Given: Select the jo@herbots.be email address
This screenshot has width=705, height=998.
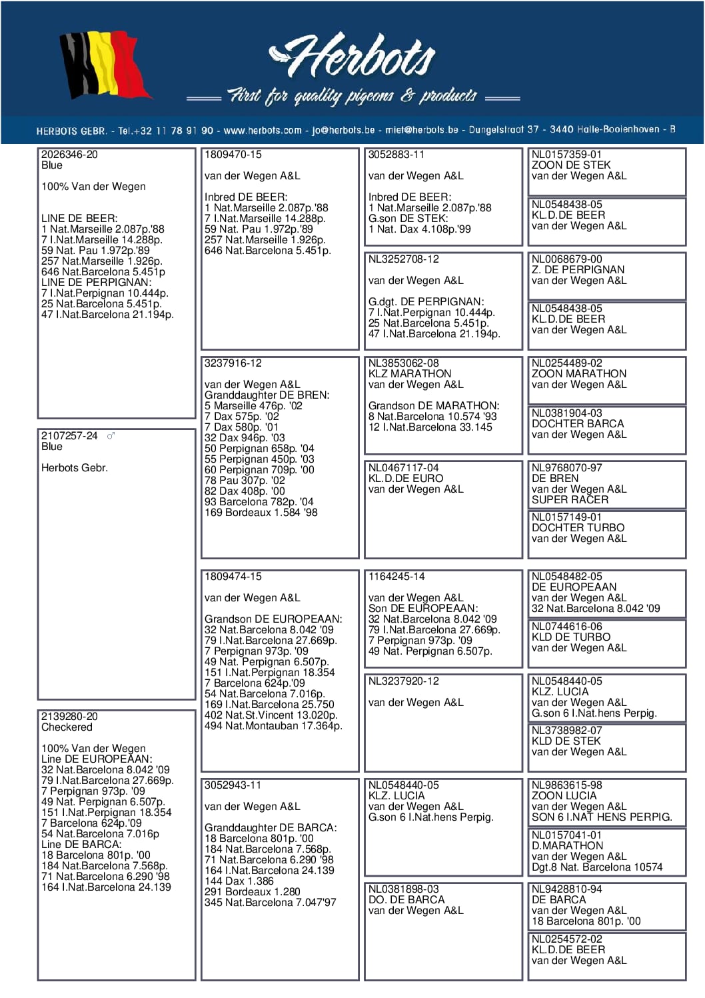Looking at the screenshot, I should (x=344, y=131).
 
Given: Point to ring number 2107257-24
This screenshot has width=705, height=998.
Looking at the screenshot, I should (x=69, y=436).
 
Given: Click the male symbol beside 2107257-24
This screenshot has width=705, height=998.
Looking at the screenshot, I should (x=111, y=436).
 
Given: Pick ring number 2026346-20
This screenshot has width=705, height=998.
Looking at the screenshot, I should (x=69, y=155).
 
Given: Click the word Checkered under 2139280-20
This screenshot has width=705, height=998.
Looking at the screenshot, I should (x=67, y=727).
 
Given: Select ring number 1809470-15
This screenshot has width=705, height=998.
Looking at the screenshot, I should (x=233, y=155).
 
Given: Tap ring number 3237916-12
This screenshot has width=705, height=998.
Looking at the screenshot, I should (x=233, y=363).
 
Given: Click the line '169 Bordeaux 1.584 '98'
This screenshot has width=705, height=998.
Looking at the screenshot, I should (x=261, y=513).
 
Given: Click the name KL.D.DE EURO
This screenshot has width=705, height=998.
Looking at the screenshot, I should (x=406, y=479).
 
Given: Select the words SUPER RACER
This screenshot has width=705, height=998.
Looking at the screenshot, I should (x=570, y=500).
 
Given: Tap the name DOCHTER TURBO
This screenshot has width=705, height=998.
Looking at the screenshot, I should (x=578, y=528).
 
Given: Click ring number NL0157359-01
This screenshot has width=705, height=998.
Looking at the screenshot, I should (x=566, y=155).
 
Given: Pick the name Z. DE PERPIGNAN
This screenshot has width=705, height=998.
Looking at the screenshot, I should (x=578, y=270).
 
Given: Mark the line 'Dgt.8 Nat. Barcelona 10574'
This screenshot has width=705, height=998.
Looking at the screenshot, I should (x=597, y=867).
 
